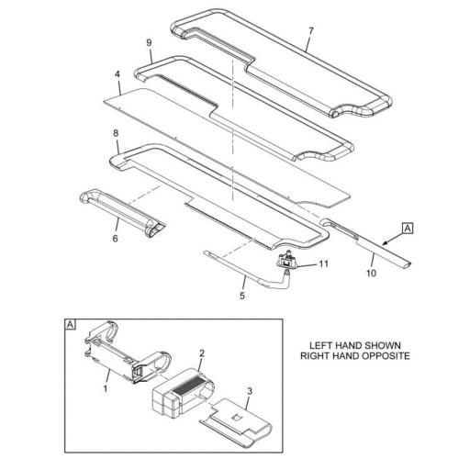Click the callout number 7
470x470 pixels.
[311, 31]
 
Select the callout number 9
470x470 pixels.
[149, 43]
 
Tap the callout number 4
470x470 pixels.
[117, 74]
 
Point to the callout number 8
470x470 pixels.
[116, 133]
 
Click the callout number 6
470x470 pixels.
[115, 239]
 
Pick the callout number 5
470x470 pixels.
[242, 296]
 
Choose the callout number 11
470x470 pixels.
[324, 263]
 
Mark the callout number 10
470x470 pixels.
[371, 273]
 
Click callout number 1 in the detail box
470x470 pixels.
[106, 389]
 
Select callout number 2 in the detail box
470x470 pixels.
[202, 353]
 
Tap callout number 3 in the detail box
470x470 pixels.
[250, 391]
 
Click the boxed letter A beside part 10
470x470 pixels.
[408, 229]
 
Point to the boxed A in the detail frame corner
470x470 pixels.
[70, 324]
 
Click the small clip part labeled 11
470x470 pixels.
[286, 261]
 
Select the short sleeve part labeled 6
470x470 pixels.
[122, 212]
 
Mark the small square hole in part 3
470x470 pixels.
[236, 418]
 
